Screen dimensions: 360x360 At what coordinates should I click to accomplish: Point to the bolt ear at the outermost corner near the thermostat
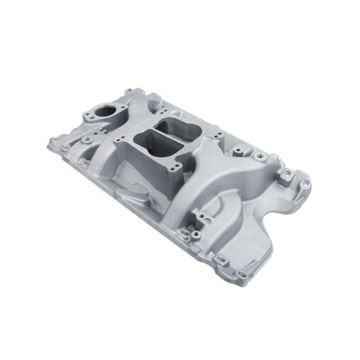(x=54, y=140)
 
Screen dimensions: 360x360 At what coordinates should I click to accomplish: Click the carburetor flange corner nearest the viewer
(x=175, y=166)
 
